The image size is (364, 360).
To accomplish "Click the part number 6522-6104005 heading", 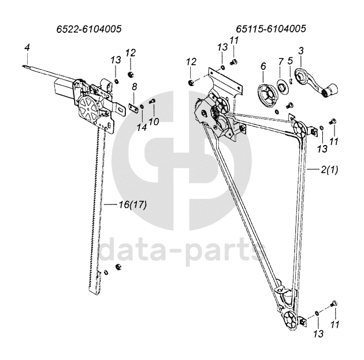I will coord(89,28).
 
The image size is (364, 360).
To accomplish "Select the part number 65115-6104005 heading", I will coord(270,28).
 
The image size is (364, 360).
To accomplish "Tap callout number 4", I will coord(27,46).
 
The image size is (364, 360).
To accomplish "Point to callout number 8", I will coord(134,87).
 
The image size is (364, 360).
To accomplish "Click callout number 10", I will coord(154,121).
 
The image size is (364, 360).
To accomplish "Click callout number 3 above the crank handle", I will coord(300,51).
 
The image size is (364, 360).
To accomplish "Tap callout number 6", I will coord(263,67).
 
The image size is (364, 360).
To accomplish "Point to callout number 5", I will coord(291,61).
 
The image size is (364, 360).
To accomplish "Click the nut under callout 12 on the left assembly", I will coord(131,75).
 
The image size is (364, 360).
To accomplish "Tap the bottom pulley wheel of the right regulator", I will coord(292,320).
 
